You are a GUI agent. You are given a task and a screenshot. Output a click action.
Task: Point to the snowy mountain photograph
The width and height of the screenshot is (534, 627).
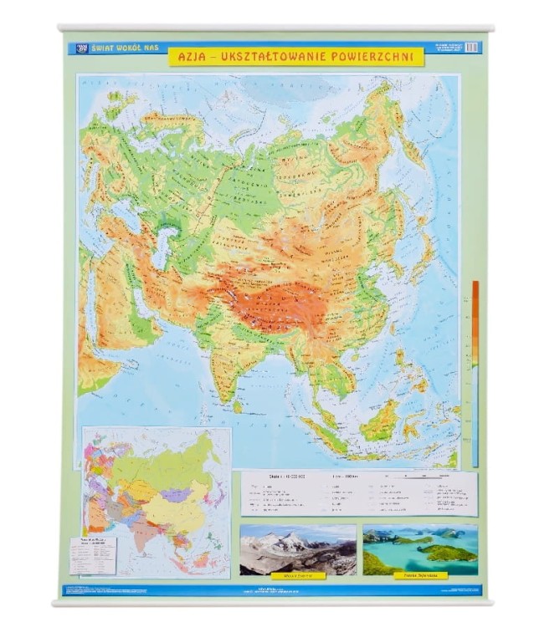coord(297,550)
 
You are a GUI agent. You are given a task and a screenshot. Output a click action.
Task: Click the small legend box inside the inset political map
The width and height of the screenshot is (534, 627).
coord(94,553)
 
